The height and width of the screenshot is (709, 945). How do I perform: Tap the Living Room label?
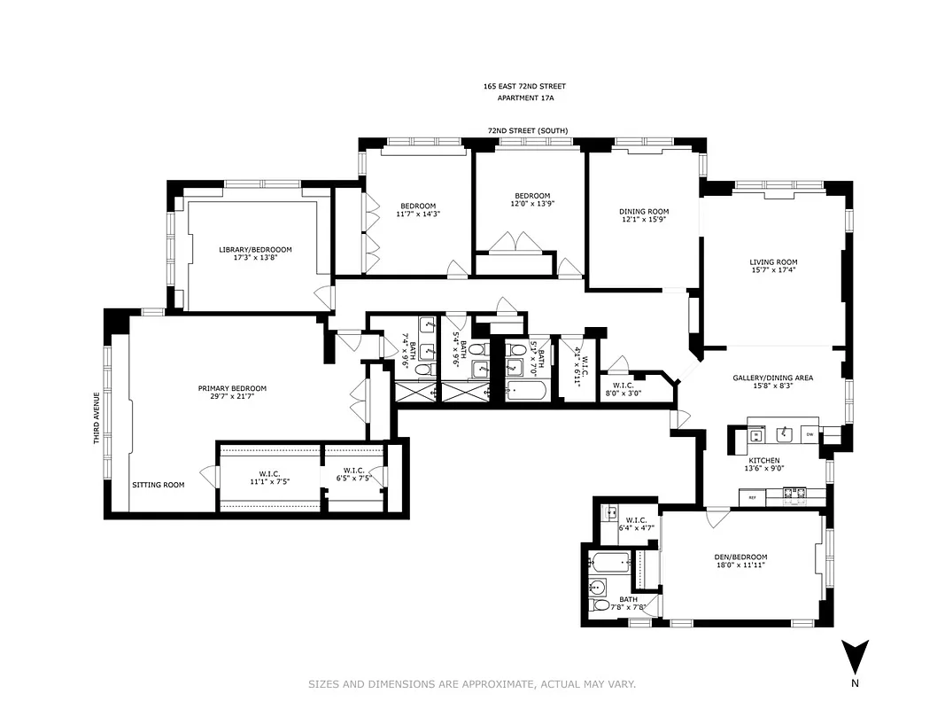point(773,262)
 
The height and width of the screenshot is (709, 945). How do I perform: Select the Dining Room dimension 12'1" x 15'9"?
point(644,221)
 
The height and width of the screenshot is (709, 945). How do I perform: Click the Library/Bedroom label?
point(255,250)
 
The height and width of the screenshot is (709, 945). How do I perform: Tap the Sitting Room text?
point(159,485)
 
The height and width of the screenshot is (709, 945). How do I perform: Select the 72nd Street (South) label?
point(527,130)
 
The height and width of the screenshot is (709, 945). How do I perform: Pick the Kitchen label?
point(763,461)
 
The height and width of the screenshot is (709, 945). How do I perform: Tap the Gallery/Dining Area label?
point(772,378)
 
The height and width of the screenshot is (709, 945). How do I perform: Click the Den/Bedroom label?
point(740,557)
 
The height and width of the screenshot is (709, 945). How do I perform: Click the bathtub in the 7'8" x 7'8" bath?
point(610,561)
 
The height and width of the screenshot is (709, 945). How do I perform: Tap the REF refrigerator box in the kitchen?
point(753,498)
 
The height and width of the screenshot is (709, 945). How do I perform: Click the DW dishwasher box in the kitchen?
point(809,433)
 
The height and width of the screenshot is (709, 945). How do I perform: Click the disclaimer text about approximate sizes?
point(472,684)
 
